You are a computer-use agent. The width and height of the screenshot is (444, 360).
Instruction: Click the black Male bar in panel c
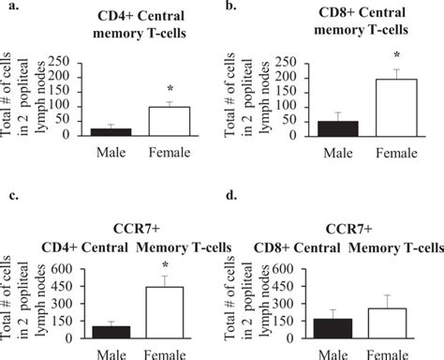tap(111, 332)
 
